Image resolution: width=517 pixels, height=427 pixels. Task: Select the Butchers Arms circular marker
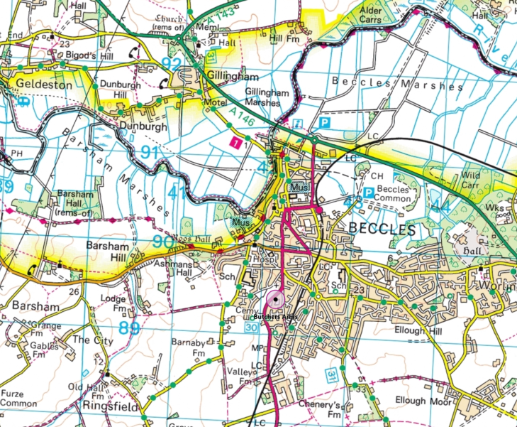click(274, 300)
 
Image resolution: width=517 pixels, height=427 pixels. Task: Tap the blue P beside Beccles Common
click(369, 193)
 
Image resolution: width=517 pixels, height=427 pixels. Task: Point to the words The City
click(93, 340)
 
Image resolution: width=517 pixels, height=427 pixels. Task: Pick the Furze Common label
click(19, 398)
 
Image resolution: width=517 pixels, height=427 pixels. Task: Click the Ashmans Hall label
click(173, 268)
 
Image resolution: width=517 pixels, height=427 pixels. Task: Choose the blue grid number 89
click(129, 328)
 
